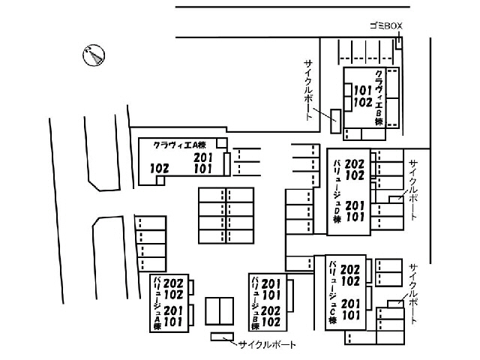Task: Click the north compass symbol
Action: (94, 55)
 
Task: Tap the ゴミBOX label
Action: (386, 26)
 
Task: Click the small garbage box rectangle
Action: (398, 43)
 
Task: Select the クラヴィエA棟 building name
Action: (180, 145)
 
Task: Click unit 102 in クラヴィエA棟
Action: (160, 168)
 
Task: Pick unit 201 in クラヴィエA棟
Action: (203, 157)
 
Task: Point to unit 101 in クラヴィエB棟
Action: (363, 91)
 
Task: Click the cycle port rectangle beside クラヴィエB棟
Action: (335, 121)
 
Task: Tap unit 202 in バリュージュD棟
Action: (355, 164)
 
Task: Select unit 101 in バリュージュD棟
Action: (355, 217)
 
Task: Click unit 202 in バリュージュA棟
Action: (173, 283)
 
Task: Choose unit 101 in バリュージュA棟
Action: (173, 322)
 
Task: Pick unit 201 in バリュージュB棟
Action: (271, 284)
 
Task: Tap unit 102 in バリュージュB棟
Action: (271, 322)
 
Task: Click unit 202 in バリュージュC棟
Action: (350, 270)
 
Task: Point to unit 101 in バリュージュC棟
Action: (351, 315)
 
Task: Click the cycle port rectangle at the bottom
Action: (222, 337)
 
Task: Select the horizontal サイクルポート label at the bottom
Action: (267, 345)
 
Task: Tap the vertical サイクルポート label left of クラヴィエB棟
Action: (308, 90)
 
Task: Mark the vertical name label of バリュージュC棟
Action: (332, 292)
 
